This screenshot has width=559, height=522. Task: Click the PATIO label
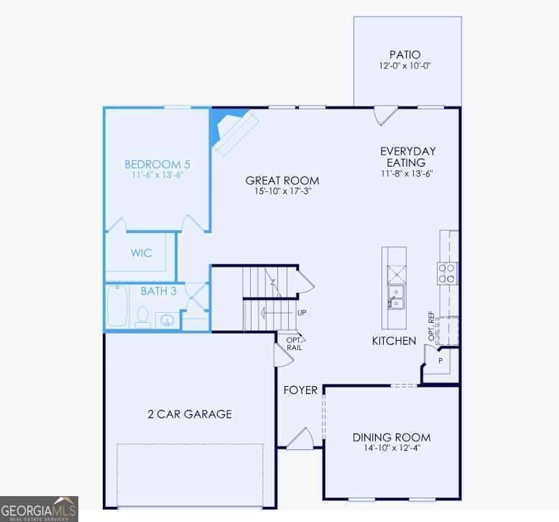[405, 55]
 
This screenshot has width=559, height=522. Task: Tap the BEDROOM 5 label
[157, 165]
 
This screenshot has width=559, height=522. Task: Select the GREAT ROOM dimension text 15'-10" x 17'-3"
[282, 191]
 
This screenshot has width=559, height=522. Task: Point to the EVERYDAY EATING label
[408, 157]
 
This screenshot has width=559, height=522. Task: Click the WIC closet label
[142, 253]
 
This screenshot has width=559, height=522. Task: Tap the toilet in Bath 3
[143, 317]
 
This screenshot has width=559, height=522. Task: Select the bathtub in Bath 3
[117, 306]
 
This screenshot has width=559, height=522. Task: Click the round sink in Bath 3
[167, 321]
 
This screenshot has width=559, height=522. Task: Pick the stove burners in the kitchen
[447, 273]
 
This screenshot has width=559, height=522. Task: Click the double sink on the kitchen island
[396, 297]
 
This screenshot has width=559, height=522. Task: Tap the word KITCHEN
[394, 341]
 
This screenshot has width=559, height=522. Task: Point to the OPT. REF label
[431, 326]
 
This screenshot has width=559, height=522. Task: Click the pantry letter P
[440, 361]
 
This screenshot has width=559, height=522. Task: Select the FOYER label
[300, 390]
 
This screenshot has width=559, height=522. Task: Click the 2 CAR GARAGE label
[190, 414]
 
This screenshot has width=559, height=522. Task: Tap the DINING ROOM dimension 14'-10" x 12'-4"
[392, 448]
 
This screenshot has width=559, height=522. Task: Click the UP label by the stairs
[302, 313]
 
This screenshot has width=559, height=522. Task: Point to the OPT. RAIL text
[295, 344]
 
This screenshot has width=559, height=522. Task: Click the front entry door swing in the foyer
[301, 438]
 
